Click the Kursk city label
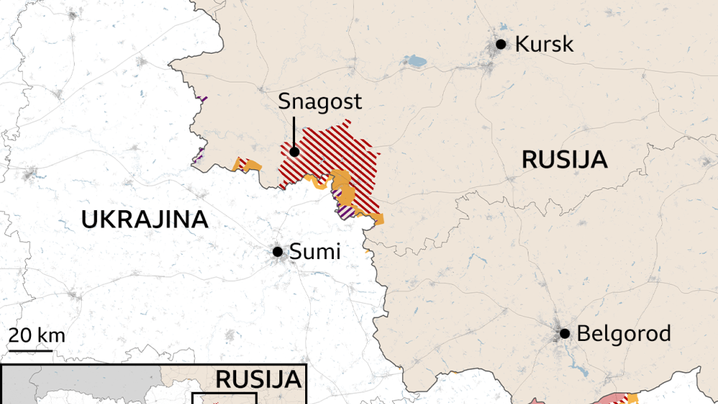(x=544, y=44)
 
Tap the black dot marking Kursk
(x=501, y=44)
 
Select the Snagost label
(x=320, y=103)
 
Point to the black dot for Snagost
(x=294, y=151)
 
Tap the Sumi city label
(x=314, y=252)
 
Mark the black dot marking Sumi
(x=277, y=252)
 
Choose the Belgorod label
(x=623, y=334)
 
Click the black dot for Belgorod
(x=564, y=334)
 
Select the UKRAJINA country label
(x=144, y=220)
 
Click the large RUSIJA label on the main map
(x=564, y=159)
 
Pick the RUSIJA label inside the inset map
(x=257, y=380)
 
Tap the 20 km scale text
(x=37, y=335)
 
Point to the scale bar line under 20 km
(x=31, y=351)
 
